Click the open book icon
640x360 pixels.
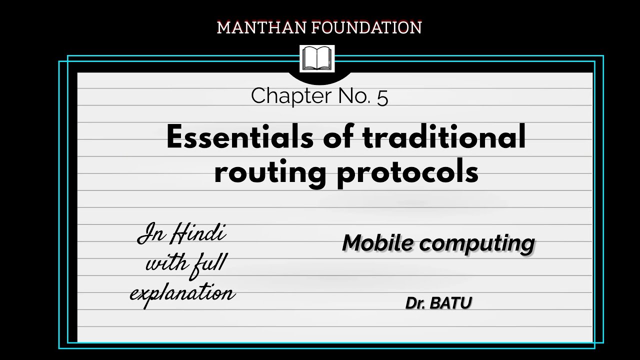click(317, 59)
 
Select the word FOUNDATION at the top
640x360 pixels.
click(366, 27)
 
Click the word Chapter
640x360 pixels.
click(286, 96)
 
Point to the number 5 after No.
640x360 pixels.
click(382, 96)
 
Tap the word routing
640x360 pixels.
click(271, 172)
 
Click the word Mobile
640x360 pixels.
click(378, 243)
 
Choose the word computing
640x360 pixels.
click(477, 243)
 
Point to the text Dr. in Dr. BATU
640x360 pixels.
click(414, 303)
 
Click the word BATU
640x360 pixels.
click(450, 303)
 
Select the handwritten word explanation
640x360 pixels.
click(182, 292)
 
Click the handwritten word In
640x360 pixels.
click(149, 235)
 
